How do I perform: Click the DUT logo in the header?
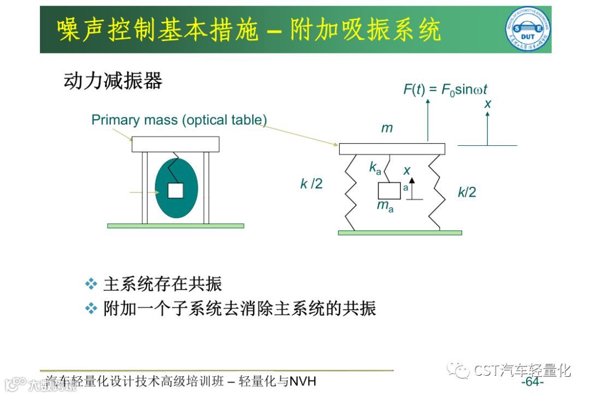pyautogui.click(x=527, y=29)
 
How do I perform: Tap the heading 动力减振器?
pyautogui.click(x=113, y=81)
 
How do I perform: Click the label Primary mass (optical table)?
pyautogui.click(x=179, y=120)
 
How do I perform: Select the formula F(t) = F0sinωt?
pyautogui.click(x=445, y=89)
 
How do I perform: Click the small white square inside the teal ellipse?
pyautogui.click(x=175, y=191)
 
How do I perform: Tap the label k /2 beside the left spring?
pyautogui.click(x=311, y=184)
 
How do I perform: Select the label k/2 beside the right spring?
pyautogui.click(x=467, y=192)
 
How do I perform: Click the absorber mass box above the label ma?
pyautogui.click(x=389, y=191)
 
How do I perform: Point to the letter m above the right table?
pyautogui.click(x=387, y=128)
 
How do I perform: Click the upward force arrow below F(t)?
pyautogui.click(x=428, y=120)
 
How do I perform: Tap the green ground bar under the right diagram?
pyautogui.click(x=400, y=233)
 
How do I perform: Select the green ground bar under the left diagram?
pyautogui.click(x=175, y=226)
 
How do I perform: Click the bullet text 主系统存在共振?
pyautogui.click(x=162, y=284)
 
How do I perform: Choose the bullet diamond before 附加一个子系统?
pyautogui.click(x=91, y=309)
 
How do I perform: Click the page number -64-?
pyautogui.click(x=532, y=381)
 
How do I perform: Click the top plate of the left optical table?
pyautogui.click(x=175, y=144)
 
